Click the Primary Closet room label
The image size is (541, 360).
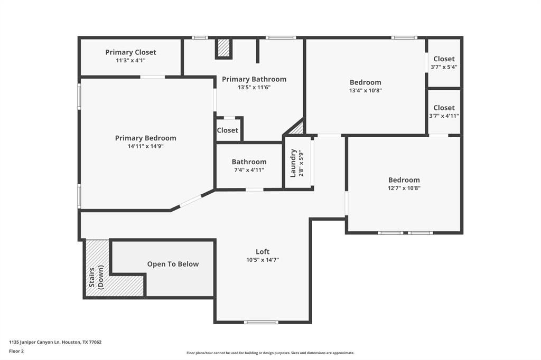point(130,52)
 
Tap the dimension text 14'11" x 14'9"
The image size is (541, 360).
point(146,146)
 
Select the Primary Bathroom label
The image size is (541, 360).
point(254,79)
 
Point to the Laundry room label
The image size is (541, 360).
point(293,163)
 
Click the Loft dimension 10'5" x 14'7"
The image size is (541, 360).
point(263,260)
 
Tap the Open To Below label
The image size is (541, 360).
point(173,264)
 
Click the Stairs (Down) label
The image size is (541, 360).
point(96,277)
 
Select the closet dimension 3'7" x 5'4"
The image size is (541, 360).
point(444,67)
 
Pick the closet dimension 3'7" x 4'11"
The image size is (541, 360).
point(444,116)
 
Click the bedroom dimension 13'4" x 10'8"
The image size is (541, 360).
point(366,91)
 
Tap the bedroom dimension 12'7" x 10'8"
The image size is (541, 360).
point(404,188)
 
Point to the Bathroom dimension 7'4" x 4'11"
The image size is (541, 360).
point(249,170)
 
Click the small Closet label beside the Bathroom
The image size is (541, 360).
point(227,130)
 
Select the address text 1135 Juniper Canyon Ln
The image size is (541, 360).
point(35,343)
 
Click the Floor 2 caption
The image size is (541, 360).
point(16,352)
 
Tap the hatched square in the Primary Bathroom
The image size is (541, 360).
point(224,48)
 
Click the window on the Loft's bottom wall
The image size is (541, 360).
point(261,323)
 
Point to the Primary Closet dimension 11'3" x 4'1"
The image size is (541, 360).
point(130,60)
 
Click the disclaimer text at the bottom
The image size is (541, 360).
point(270,353)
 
